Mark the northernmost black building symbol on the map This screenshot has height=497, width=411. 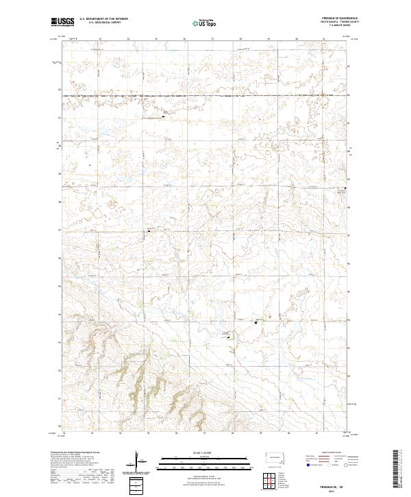(x=163, y=117)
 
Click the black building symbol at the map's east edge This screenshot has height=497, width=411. (x=346, y=188)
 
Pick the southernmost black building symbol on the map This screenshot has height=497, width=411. (x=229, y=335)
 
